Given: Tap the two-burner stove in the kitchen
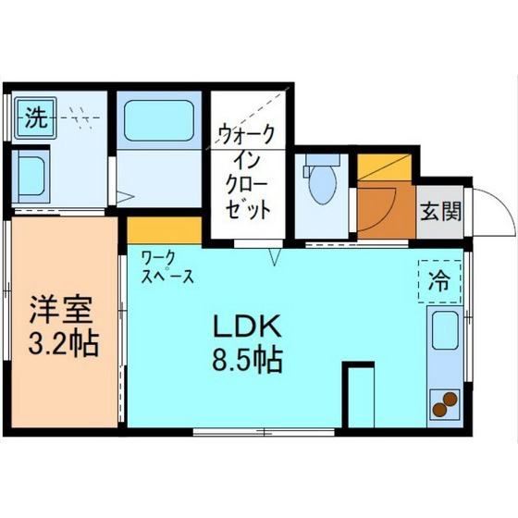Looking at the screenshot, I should tap(444, 405).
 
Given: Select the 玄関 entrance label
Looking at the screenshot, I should tap(441, 211).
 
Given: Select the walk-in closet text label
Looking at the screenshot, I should tap(247, 171).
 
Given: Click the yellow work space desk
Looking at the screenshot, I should tap(164, 228).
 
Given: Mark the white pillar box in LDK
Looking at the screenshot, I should tap(359, 396).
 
